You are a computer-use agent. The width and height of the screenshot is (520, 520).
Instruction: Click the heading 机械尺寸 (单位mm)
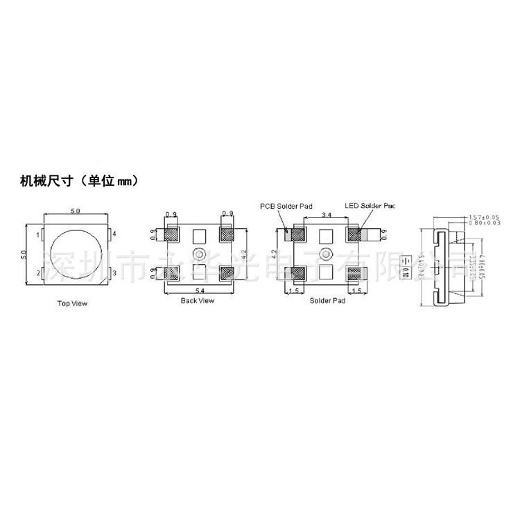[82, 182]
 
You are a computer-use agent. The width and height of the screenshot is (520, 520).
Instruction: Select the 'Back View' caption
[198, 300]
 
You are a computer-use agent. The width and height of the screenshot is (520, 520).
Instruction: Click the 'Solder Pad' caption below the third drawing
[327, 300]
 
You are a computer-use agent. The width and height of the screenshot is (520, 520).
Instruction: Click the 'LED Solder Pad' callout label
[374, 206]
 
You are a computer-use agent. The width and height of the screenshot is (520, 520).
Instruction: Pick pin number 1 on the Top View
[38, 236]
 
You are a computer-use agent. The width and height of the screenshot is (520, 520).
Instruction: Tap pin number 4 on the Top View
[114, 235]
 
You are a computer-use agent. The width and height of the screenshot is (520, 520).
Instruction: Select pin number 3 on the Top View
[114, 272]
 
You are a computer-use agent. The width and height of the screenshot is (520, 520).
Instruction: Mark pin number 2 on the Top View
[38, 273]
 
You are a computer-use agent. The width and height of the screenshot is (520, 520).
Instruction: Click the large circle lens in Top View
[76, 254]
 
